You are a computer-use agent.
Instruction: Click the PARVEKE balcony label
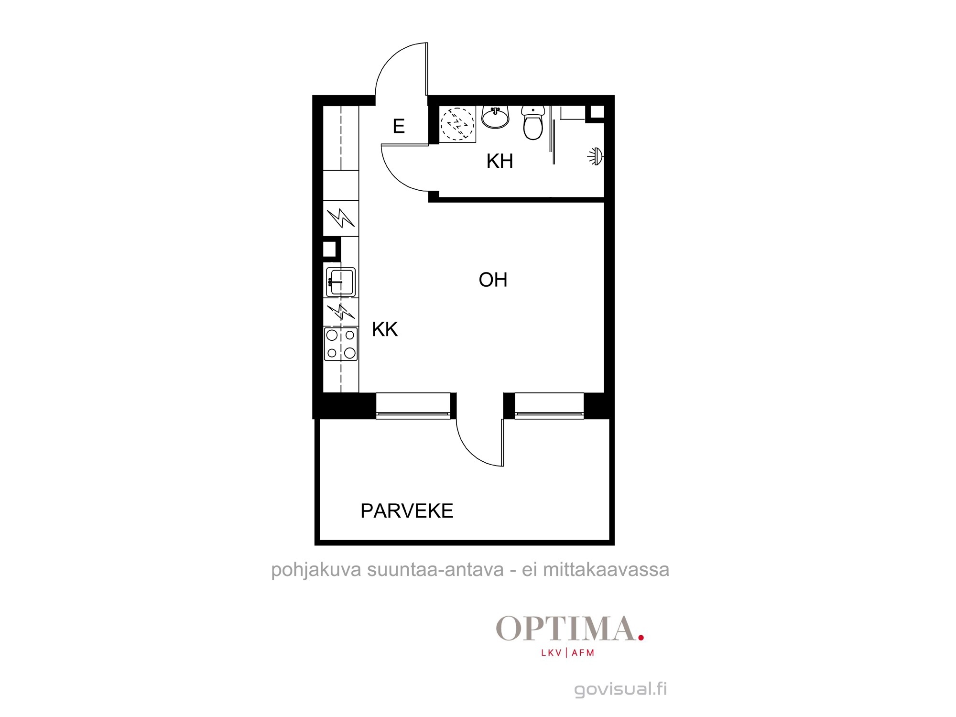[x=407, y=511]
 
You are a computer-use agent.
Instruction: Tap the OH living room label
[x=493, y=280]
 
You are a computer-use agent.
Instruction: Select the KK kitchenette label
[x=385, y=329]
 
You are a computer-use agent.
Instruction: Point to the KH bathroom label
[x=500, y=162]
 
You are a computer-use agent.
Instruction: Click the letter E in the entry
[x=399, y=126]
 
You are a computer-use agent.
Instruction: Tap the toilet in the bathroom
[x=533, y=123]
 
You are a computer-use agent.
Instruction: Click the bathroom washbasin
[x=495, y=117]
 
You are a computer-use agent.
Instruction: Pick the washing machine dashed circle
[x=457, y=123]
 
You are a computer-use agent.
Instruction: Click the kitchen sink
[x=341, y=282]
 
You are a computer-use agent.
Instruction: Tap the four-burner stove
[x=341, y=344]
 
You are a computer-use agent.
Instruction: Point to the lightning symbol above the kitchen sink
[x=341, y=218]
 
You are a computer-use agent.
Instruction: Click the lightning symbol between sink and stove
[x=341, y=312]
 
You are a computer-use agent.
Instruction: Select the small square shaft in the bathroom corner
[x=597, y=112]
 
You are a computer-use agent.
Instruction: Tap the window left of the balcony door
[x=413, y=406]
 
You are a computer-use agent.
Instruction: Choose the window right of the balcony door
[x=549, y=406]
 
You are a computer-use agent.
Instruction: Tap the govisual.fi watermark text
[x=620, y=689]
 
